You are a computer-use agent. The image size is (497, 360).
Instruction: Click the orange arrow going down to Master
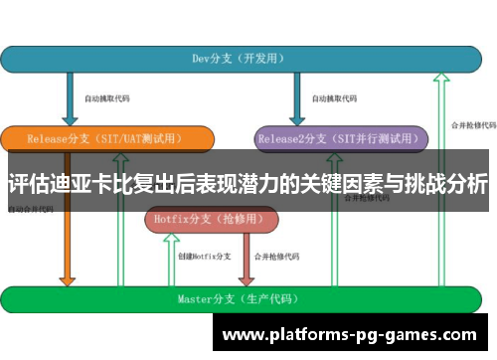pos(67,249)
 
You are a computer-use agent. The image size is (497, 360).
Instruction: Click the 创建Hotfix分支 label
pos(204,256)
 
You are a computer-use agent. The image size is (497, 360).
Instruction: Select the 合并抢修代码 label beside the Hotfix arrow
pos(277,256)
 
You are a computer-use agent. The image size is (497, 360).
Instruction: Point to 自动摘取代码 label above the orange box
pos(106,98)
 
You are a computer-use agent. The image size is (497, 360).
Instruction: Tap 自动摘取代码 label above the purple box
pos(334,98)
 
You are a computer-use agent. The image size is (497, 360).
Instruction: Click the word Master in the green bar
pos(194,297)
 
